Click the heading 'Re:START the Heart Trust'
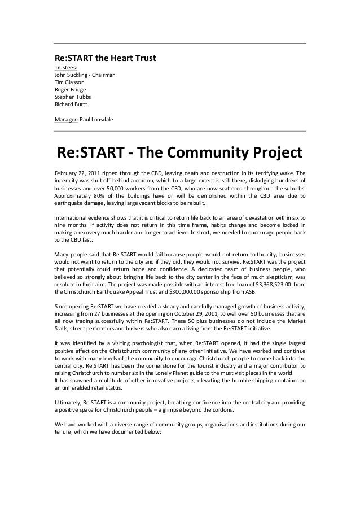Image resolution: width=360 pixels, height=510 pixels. click(x=105, y=58)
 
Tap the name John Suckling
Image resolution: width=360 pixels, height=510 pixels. click(x=72, y=75)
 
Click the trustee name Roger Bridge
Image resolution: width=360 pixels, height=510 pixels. click(x=71, y=90)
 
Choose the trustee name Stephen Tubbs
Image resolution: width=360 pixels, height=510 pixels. click(x=72, y=97)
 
